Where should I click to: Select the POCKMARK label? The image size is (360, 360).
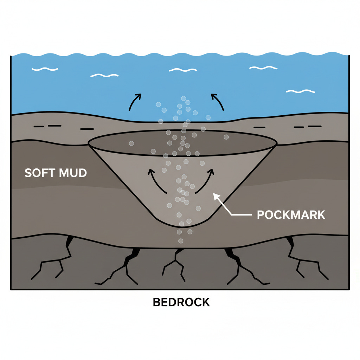pos(291,214)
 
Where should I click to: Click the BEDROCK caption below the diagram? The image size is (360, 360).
pos(181,302)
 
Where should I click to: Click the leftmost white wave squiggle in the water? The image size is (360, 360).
pos(44,69)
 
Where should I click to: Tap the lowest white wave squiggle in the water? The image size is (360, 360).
pos(301,91)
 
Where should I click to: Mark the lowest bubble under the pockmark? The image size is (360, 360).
pos(181,241)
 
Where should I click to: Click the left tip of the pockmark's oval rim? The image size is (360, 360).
pos(89,143)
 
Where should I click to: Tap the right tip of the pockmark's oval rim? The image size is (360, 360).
pos(277,143)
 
